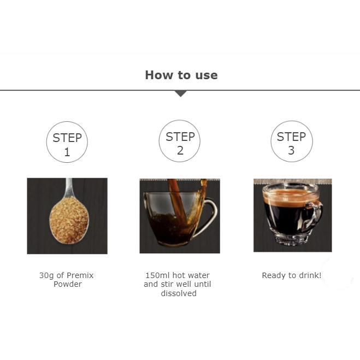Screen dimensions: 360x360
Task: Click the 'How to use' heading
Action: click(x=181, y=75)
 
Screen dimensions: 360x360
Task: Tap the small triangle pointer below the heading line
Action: click(x=181, y=93)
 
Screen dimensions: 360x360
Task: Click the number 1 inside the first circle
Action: click(x=67, y=152)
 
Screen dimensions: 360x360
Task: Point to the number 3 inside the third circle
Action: click(x=291, y=151)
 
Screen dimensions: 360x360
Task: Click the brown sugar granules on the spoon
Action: click(x=69, y=220)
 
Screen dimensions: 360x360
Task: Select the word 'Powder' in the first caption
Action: click(x=68, y=284)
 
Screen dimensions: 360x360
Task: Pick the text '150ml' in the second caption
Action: click(x=158, y=275)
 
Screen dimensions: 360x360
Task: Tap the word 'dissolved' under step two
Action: click(x=179, y=293)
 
